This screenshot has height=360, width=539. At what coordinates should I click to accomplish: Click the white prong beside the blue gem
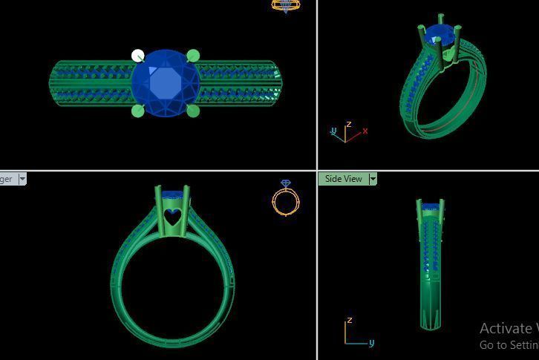point(137,56)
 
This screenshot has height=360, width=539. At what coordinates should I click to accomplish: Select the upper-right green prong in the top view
point(193,56)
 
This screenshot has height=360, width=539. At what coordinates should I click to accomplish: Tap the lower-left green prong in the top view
point(137,111)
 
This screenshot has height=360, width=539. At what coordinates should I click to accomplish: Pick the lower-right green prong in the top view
point(193,111)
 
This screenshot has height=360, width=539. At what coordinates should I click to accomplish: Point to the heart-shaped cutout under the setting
point(172,217)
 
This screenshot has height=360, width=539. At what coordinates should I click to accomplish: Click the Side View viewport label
point(344,179)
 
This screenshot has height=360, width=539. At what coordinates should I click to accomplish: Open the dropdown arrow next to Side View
point(373,179)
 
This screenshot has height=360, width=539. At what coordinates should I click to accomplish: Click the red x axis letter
point(365,131)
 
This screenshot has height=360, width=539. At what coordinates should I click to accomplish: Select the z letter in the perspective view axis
point(348,125)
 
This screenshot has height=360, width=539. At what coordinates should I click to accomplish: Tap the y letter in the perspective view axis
point(333,131)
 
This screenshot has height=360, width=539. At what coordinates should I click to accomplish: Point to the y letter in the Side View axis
point(371,342)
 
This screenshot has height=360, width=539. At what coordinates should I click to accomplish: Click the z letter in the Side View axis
point(349,321)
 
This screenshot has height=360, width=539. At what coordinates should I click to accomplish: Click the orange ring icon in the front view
point(286,198)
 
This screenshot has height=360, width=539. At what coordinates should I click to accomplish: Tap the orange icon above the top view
point(286,5)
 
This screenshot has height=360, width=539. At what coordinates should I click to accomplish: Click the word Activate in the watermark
point(505,328)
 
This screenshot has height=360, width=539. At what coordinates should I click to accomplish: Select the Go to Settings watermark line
point(509,345)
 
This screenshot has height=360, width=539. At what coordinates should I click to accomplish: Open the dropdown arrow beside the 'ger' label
point(22,179)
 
